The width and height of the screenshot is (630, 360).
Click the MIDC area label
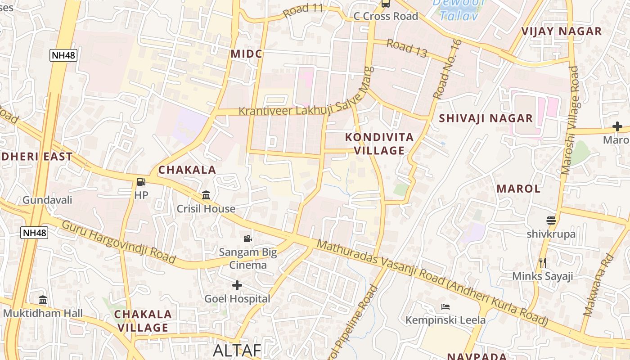[x=246, y=54]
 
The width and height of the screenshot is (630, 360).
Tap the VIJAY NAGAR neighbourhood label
[x=561, y=31]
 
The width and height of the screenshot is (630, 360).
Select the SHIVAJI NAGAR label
[x=486, y=118]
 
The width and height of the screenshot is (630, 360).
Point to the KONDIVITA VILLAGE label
[x=379, y=144]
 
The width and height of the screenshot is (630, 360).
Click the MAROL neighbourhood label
[x=518, y=189]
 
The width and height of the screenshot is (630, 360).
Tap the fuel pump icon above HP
[x=141, y=182]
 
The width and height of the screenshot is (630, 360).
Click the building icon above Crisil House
[x=206, y=195]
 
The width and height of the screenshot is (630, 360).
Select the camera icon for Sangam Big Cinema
[x=247, y=238]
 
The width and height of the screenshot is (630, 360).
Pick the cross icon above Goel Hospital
[x=237, y=285]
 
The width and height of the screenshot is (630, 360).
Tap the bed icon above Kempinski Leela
[x=445, y=307]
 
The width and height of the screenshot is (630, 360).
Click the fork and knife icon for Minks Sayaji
[x=543, y=262]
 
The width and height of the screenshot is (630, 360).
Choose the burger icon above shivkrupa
[x=551, y=220]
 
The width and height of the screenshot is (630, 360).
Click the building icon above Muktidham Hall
[x=43, y=300]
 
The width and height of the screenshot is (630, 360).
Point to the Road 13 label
[x=407, y=48]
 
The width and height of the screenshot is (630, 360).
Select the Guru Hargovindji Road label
[x=118, y=242]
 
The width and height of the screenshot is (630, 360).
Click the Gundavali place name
[x=47, y=200]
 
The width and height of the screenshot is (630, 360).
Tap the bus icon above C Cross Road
[x=386, y=4]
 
